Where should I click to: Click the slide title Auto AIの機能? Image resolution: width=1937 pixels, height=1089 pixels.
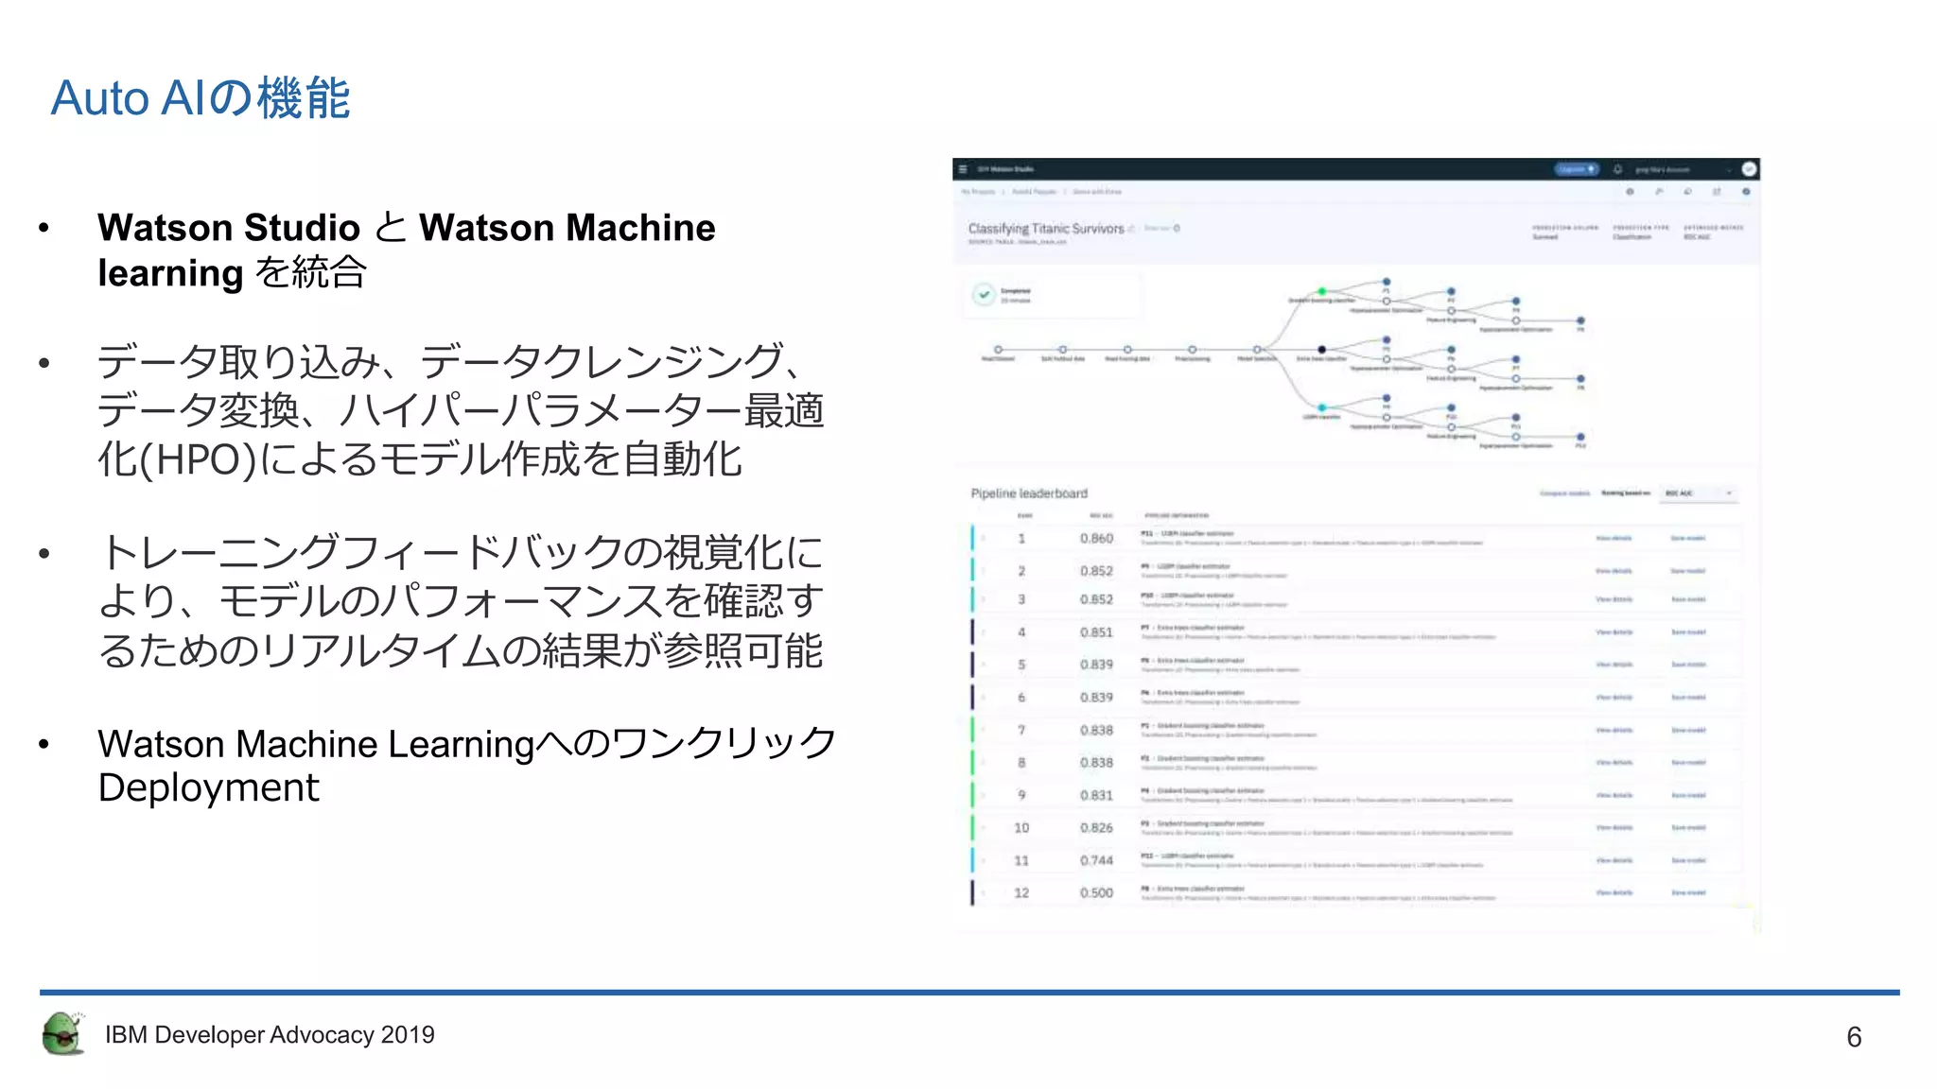201,98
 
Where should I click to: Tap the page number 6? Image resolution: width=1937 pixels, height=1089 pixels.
1854,1037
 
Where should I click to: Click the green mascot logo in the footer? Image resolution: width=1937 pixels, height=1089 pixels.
63,1033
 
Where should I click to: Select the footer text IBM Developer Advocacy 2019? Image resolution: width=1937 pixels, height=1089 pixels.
270,1035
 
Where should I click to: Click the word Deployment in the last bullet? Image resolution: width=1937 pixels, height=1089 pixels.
209,787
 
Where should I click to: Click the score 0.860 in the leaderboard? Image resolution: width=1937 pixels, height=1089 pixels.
1096,539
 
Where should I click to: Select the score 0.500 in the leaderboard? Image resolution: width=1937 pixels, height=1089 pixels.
1096,892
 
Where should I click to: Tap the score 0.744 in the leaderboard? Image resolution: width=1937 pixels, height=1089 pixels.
1096,860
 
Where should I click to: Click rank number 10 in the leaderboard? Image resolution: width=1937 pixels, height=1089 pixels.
1021,828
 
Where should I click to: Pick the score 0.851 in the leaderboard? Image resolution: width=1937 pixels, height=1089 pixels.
1096,632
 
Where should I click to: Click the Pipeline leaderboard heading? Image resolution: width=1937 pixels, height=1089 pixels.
1029,493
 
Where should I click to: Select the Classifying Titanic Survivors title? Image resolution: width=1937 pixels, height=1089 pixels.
1046,229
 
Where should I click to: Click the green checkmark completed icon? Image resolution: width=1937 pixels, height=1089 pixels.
984,295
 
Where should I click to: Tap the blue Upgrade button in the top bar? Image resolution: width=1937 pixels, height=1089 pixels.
1576,169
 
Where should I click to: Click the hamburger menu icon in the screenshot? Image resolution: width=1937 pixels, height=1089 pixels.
963,169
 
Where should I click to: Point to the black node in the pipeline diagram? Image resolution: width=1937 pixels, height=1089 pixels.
1322,350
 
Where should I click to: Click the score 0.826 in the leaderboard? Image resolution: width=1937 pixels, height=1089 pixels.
1096,828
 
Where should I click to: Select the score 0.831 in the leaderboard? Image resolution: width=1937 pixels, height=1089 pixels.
1096,796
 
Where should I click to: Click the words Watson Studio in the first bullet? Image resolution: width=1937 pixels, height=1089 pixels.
229,228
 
